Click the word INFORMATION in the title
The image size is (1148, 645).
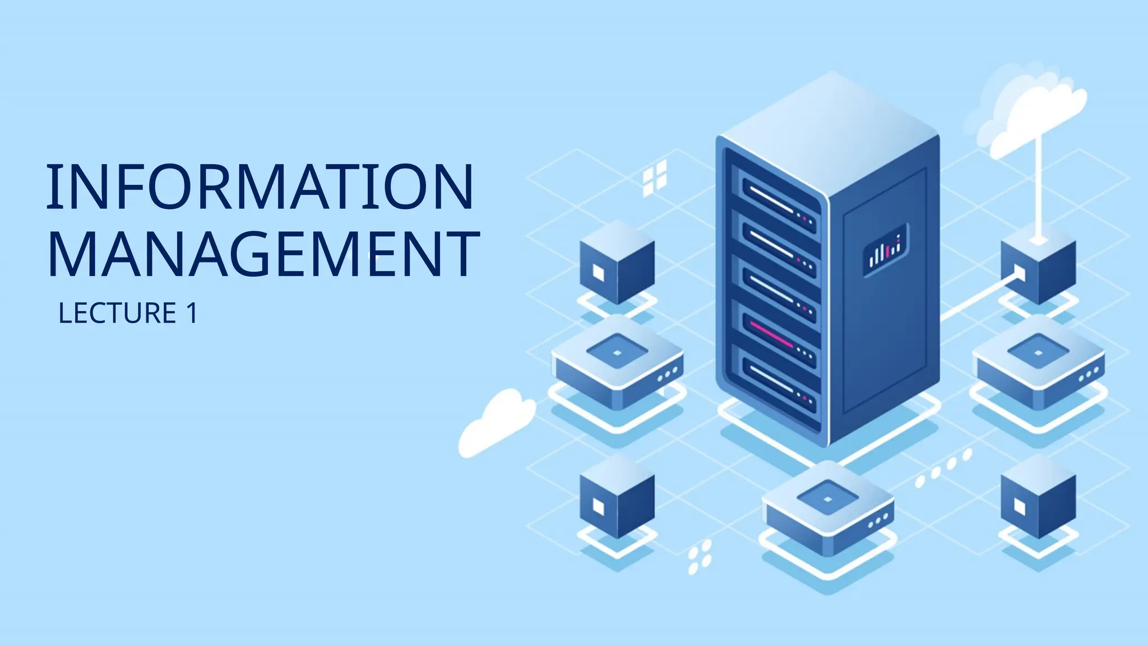point(260,188)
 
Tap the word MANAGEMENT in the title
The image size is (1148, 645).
point(263,255)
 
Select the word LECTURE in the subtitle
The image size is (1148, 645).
point(118,313)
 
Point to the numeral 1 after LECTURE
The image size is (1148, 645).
point(191,313)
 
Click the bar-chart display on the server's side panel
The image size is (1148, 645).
point(885,250)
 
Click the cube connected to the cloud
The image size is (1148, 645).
point(1039,266)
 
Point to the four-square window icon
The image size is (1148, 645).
point(655,177)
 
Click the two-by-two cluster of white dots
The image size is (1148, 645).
point(700,557)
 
